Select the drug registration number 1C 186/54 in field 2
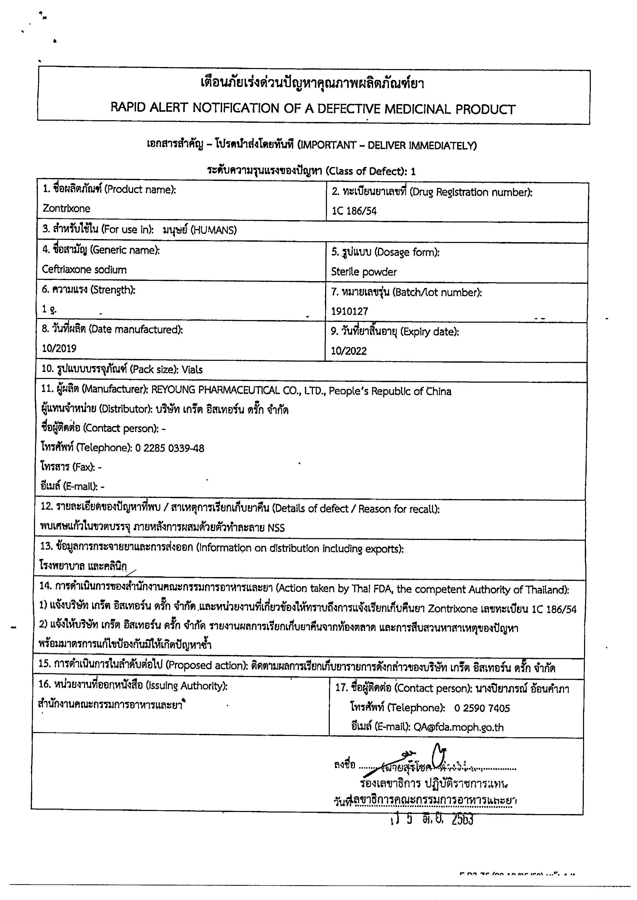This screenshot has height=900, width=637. (354, 211)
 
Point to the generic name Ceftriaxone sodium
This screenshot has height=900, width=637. (84, 270)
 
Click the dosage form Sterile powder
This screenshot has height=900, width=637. (364, 272)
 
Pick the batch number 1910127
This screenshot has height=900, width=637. (350, 312)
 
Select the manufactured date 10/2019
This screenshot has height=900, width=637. (59, 348)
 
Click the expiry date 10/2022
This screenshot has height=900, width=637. (349, 351)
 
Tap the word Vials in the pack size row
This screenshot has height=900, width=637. (192, 370)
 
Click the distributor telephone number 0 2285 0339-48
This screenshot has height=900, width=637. (169, 448)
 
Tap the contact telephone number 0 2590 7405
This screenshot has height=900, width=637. (482, 708)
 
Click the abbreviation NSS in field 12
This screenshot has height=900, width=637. (276, 528)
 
